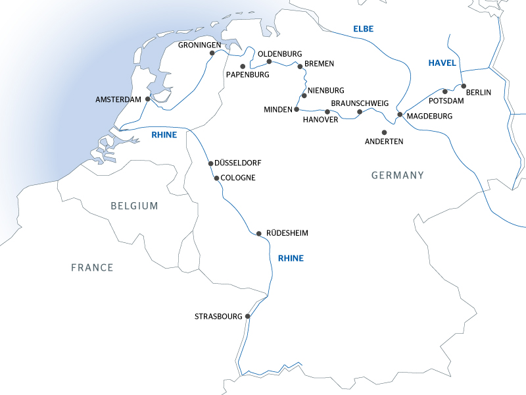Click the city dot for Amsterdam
(147, 99)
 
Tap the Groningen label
(200, 45)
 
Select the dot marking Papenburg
(243, 66)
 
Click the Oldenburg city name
(279, 53)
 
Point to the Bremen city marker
(300, 66)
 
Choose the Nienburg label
(325, 90)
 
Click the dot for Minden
(297, 109)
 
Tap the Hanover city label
(320, 120)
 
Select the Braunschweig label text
(360, 103)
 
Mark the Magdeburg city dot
(400, 115)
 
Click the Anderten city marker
(385, 132)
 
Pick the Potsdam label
(446, 101)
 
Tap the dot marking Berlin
(464, 86)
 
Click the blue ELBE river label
(363, 29)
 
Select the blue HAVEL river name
(441, 63)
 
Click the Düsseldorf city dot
(210, 163)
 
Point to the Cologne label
(238, 178)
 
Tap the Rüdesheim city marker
(259, 233)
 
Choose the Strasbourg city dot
(248, 317)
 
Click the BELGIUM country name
(134, 206)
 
